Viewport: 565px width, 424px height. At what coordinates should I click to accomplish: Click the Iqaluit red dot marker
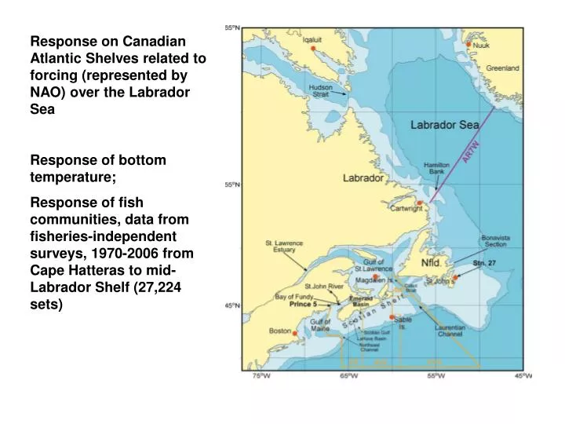click(x=313, y=49)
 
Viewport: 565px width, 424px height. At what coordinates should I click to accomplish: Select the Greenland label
click(x=502, y=69)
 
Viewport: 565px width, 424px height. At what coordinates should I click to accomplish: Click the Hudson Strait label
click(x=320, y=90)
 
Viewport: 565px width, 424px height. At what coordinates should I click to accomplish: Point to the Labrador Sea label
click(x=445, y=125)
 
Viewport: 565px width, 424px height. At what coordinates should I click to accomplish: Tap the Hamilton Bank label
click(x=436, y=169)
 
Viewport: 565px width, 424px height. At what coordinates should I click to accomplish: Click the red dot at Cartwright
click(x=420, y=203)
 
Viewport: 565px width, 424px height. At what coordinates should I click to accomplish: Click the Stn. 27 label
click(x=484, y=263)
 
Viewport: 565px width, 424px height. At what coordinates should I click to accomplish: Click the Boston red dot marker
click(x=296, y=331)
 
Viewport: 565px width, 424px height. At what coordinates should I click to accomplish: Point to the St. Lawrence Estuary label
click(x=284, y=246)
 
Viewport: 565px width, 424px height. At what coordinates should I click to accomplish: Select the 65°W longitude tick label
click(x=348, y=376)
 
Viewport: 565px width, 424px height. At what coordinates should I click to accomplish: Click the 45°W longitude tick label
click(x=523, y=376)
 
